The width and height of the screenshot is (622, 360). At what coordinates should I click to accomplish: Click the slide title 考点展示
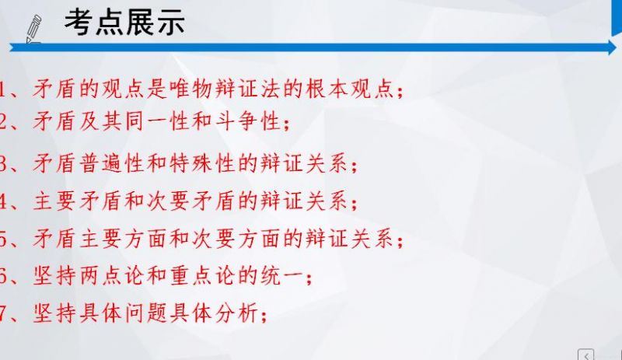(124, 23)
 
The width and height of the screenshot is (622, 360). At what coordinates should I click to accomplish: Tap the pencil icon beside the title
(33, 29)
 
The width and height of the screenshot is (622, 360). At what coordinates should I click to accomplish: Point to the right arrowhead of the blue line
(612, 47)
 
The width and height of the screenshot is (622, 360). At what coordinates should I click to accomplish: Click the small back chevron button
(586, 355)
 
